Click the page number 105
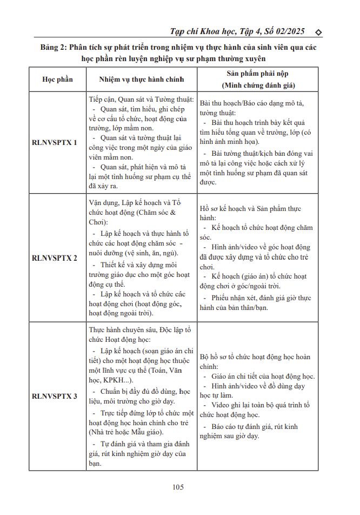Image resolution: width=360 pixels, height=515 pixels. [x=178, y=487]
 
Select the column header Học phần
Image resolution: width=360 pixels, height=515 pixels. [x=57, y=80]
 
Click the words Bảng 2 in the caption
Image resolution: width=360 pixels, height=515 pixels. [x=55, y=48]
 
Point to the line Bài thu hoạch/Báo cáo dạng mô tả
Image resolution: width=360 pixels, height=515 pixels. [x=251, y=103]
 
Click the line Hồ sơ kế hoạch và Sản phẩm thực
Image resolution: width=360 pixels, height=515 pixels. [x=250, y=209]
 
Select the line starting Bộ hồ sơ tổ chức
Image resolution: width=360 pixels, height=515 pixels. [x=255, y=357]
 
